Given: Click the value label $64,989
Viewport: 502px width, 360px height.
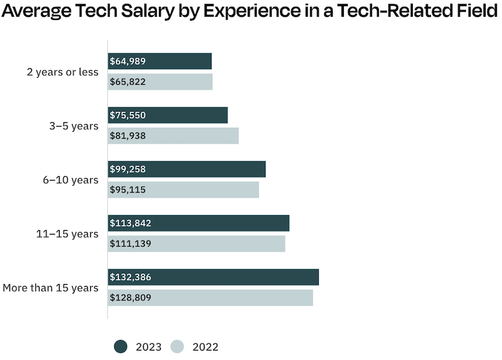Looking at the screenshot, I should pyautogui.click(x=127, y=61).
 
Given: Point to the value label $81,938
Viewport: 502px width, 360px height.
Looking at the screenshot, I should pyautogui.click(x=127, y=136).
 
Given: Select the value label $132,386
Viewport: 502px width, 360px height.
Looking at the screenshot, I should pyautogui.click(x=131, y=277).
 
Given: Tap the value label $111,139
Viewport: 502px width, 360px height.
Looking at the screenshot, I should pyautogui.click(x=130, y=244).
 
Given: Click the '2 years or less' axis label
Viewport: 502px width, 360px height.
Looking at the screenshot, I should pyautogui.click(x=63, y=72).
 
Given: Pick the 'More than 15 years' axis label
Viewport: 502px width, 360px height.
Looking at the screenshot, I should pyautogui.click(x=51, y=288).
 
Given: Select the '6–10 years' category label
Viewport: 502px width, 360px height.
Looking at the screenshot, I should pyautogui.click(x=70, y=180).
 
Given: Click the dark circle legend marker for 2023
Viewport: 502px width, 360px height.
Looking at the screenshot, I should pyautogui.click(x=121, y=346).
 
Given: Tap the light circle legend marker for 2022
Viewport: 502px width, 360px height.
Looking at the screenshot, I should pyautogui.click(x=178, y=346).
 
